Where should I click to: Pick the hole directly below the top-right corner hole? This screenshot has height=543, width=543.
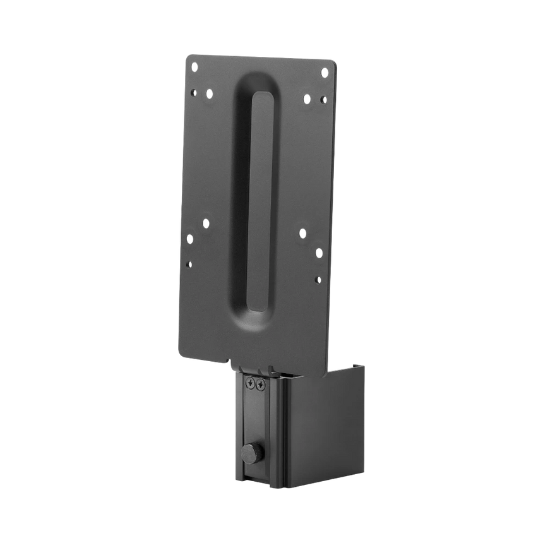pos(323,99)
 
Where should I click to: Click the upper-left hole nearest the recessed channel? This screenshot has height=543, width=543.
pos(209,93)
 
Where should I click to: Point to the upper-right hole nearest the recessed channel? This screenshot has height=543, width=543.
pos(307,99)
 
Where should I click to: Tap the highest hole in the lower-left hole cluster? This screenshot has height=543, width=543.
pos(205,223)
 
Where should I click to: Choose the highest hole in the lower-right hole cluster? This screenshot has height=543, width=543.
pos(302,233)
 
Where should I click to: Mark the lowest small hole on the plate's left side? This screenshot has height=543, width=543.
pos(189,264)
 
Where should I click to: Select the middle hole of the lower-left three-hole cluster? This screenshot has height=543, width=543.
pos(189,239)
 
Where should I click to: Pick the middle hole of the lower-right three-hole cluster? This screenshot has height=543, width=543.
pos(318,253)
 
